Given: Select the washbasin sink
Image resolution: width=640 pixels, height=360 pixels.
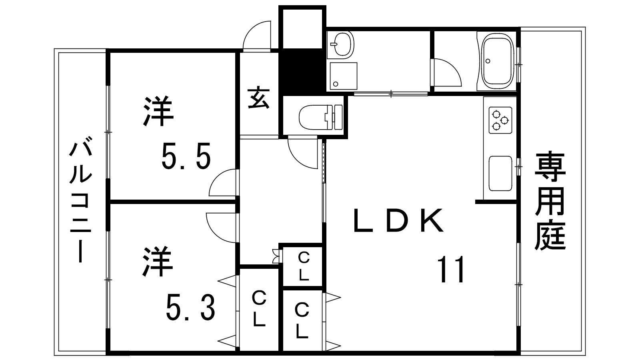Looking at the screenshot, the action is (342, 44).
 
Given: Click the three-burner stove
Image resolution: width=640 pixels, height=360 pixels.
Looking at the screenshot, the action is (500, 120).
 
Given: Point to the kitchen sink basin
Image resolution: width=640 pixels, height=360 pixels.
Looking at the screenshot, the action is (500, 173).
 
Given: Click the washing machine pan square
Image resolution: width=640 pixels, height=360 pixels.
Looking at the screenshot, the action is (344, 76).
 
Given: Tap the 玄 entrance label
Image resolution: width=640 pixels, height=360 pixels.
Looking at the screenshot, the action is (258, 98).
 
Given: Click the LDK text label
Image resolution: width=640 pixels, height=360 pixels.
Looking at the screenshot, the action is (398, 220).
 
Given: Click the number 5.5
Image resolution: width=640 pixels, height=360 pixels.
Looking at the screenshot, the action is (186, 156).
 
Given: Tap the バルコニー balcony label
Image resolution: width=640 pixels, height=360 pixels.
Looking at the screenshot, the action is (81, 200).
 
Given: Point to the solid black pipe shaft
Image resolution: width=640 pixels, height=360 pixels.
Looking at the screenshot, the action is (302, 72).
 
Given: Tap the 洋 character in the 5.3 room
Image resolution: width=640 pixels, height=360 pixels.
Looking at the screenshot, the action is (158, 262).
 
